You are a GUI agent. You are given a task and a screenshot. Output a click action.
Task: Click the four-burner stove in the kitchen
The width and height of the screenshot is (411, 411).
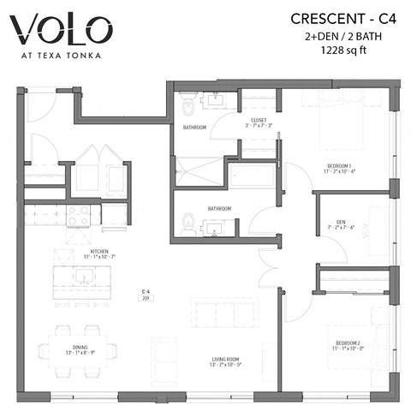(80, 213)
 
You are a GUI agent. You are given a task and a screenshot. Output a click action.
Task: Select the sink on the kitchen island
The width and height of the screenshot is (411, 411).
(85, 276)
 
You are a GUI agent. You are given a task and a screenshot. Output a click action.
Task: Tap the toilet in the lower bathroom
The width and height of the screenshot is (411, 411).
(190, 226)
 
